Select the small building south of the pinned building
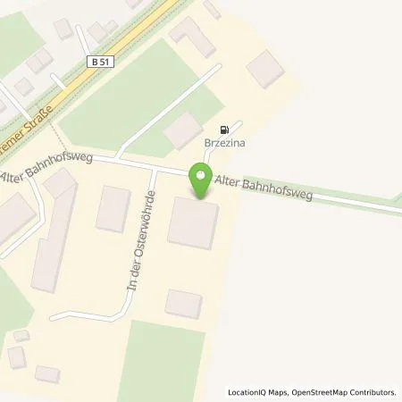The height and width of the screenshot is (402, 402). coord(184,302)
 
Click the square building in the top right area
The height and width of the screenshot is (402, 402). coord(266,68)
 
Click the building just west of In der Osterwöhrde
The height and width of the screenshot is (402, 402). coord(113,208)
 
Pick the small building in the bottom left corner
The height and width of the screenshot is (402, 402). coord(16,356)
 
